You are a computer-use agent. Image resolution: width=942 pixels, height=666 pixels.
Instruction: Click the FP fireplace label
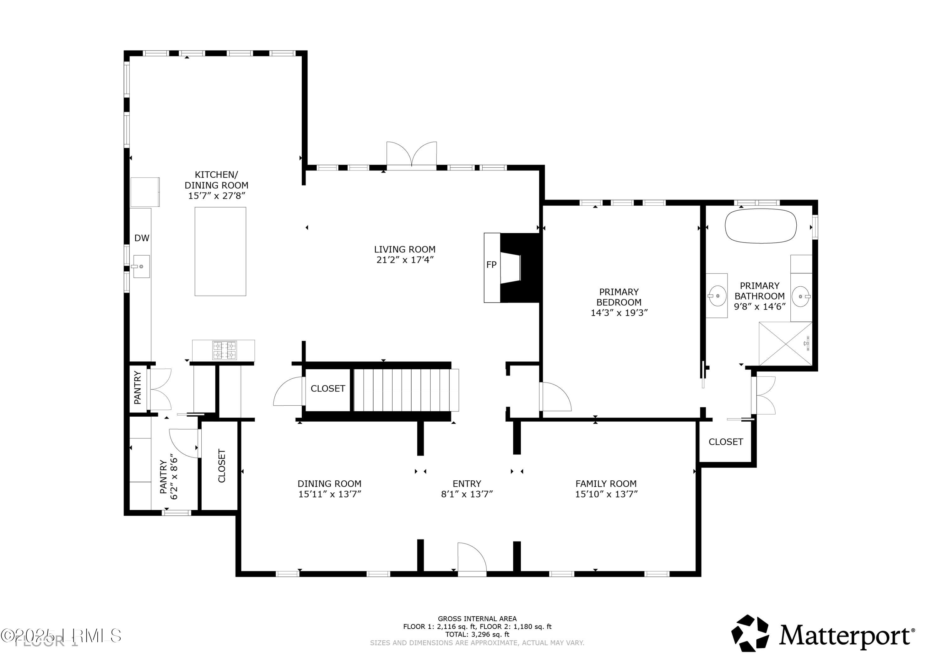491,265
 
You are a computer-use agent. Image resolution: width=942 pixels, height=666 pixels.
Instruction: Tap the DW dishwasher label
142,238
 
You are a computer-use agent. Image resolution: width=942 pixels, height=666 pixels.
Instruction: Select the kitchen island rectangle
220,251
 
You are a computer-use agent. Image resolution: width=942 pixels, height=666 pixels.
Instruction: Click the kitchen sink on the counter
141,267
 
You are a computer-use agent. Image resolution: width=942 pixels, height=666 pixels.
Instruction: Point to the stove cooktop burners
225,350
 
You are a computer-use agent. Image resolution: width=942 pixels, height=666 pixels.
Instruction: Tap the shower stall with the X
785,344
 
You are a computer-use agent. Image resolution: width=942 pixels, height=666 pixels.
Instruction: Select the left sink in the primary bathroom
717,295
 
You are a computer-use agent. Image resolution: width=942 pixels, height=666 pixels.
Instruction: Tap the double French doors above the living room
412,155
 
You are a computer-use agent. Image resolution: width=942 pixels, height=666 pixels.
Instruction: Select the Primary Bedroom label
619,297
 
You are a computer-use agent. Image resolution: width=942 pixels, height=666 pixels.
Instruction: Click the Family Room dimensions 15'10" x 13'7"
606,494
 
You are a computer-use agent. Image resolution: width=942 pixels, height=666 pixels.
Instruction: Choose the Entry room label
467,484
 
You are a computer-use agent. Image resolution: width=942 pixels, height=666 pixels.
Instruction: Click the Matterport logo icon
750,633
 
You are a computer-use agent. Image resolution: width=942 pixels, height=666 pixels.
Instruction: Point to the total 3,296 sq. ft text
477,634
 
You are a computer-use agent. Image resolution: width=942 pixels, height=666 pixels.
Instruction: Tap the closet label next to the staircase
328,389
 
